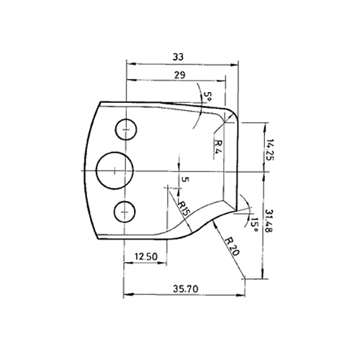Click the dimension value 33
[x=178, y=57]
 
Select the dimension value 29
[x=180, y=75]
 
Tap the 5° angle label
[x=207, y=97]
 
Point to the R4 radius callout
[x=218, y=148]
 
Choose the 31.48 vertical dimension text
[x=269, y=221]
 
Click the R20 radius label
[x=232, y=246]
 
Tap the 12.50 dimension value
[x=146, y=256]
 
